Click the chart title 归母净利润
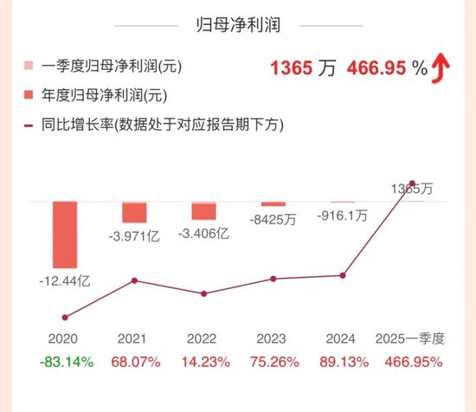click(x=237, y=25)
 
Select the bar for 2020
click(x=65, y=234)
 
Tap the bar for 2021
click(x=134, y=212)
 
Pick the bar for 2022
click(x=203, y=210)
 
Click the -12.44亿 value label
click(x=65, y=281)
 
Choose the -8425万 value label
click(x=273, y=219)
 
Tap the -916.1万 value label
click(x=342, y=215)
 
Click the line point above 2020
click(x=65, y=318)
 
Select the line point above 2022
click(x=203, y=293)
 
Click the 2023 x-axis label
click(x=273, y=339)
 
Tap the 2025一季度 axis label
click(x=409, y=339)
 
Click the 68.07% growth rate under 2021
click(x=134, y=362)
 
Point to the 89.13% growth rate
click(x=342, y=362)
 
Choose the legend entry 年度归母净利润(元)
click(x=102, y=95)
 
